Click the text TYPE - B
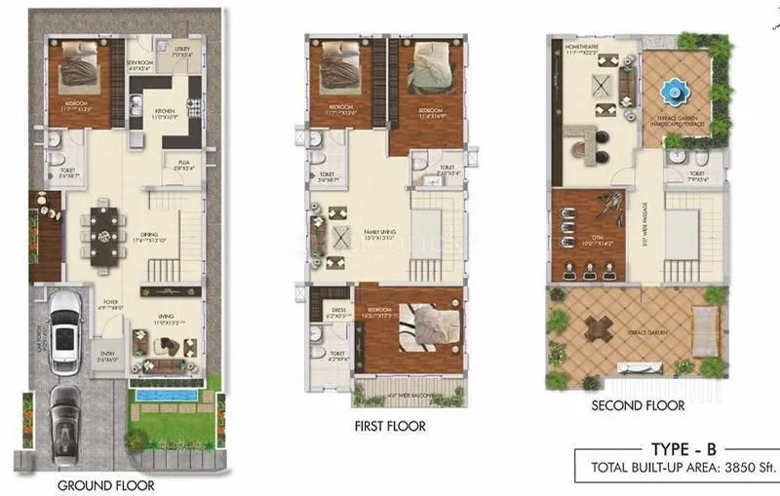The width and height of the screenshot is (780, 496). click(x=671, y=449)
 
